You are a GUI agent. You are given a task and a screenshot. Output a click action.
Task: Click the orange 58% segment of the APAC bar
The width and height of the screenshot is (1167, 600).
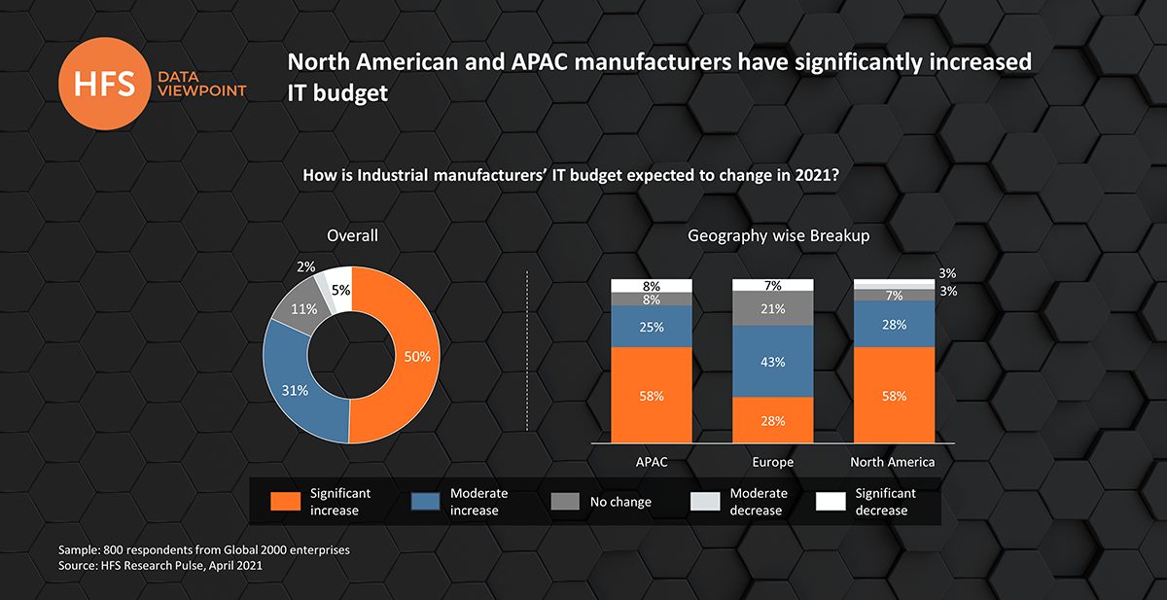pyautogui.click(x=651, y=395)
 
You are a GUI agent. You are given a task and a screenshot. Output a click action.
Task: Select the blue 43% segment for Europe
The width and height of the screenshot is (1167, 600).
pyautogui.click(x=772, y=361)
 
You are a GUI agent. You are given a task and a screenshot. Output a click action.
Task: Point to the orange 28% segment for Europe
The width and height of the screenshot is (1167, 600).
pyautogui.click(x=772, y=420)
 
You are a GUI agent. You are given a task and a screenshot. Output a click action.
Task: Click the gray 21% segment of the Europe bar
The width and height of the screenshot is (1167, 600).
pyautogui.click(x=772, y=308)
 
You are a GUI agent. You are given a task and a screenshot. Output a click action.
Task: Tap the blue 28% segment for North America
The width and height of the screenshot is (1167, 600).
pyautogui.click(x=894, y=323)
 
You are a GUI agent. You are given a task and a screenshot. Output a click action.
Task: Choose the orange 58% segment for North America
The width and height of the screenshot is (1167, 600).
pyautogui.click(x=894, y=395)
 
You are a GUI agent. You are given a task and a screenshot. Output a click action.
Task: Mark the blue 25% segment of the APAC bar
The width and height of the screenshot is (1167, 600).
pyautogui.click(x=651, y=327)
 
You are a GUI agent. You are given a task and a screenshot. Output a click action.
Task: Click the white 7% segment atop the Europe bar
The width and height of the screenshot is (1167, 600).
pyautogui.click(x=772, y=285)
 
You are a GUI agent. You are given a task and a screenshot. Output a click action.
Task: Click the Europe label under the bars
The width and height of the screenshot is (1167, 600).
pyautogui.click(x=772, y=462)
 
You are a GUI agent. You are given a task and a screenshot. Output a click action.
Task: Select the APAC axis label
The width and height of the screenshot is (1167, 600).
pyautogui.click(x=651, y=462)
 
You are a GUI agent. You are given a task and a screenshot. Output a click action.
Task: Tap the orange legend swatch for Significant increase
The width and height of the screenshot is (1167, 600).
pyautogui.click(x=284, y=502)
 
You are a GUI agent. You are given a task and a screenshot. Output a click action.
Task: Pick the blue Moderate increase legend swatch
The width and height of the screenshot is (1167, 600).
pyautogui.click(x=425, y=502)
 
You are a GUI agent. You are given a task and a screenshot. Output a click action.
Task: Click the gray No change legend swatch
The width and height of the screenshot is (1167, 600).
pyautogui.click(x=565, y=502)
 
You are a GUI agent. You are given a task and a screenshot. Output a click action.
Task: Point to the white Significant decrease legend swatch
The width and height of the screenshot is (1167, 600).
pyautogui.click(x=831, y=502)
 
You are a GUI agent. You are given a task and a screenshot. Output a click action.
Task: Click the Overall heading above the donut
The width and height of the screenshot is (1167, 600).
pyautogui.click(x=352, y=235)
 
